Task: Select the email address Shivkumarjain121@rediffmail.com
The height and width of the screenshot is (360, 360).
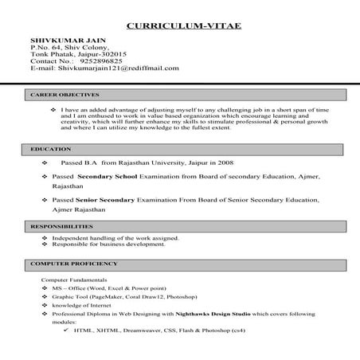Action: pyautogui.click(x=117, y=68)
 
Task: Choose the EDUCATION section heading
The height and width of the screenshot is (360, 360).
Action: pyautogui.click(x=45, y=149)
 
